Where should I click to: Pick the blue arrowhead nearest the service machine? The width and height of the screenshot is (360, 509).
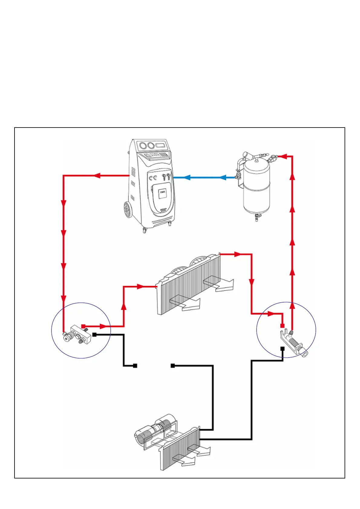[x=187, y=177]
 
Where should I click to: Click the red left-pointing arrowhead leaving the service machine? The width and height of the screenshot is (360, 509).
[x=97, y=175]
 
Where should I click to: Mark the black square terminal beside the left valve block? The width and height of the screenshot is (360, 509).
[x=94, y=335]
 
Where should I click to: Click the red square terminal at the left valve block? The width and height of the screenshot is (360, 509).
[x=83, y=326]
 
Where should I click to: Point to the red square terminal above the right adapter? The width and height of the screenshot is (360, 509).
[x=282, y=326]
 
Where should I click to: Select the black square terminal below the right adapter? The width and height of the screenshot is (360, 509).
[x=282, y=349]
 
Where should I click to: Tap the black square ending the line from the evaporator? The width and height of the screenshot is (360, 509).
[x=173, y=366]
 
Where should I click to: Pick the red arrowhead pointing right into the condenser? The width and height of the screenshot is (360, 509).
[x=140, y=286]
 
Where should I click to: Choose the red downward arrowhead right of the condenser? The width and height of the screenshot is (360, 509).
[x=251, y=282]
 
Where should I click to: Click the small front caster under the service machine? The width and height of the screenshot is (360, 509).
[x=144, y=231]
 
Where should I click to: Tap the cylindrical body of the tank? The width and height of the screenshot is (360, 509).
[x=257, y=187]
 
